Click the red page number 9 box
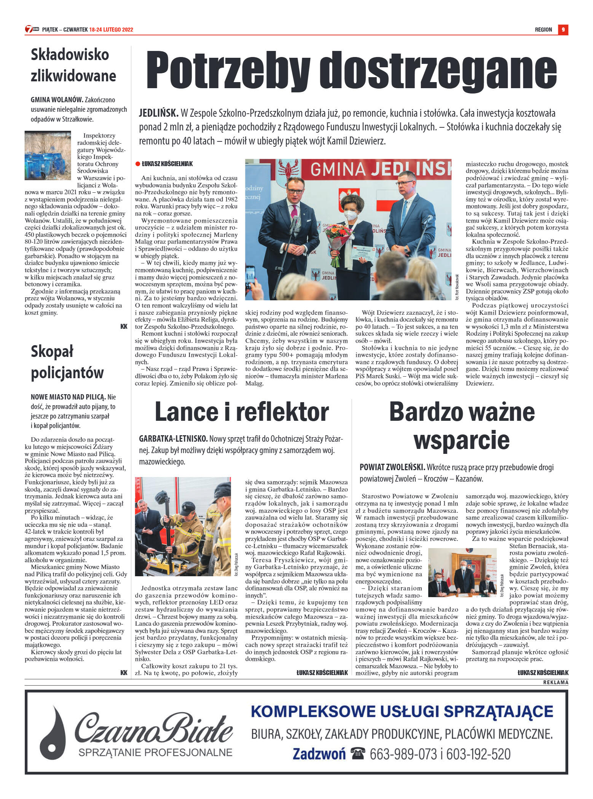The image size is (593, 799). (563, 30)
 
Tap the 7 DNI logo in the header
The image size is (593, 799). (32, 29)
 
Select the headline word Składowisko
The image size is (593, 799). (70, 55)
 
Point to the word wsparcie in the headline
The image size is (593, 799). (461, 440)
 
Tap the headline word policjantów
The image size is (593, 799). (67, 373)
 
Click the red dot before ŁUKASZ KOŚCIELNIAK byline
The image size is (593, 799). (138, 164)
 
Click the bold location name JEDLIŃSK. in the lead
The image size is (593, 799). (158, 113)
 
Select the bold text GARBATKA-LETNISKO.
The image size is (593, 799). (173, 439)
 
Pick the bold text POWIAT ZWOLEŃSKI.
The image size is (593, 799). (392, 467)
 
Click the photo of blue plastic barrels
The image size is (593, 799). (48, 155)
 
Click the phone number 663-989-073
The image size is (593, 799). (403, 753)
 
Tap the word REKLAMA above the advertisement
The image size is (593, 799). (556, 682)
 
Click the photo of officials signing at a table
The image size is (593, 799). (462, 573)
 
